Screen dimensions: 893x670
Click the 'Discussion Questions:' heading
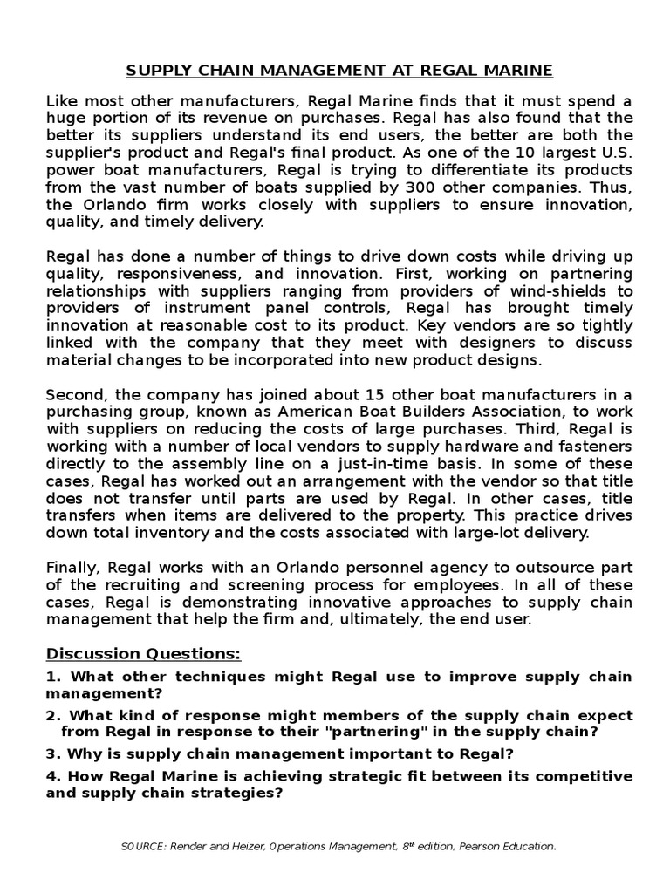[143, 654]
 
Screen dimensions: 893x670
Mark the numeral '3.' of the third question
[52, 753]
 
